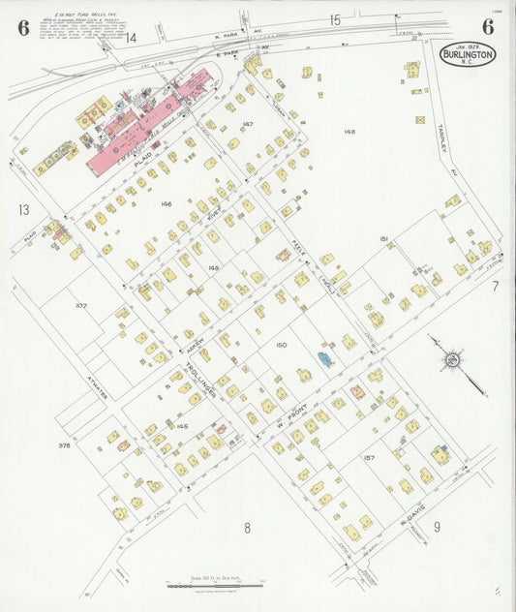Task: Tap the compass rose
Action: pyautogui.click(x=450, y=360)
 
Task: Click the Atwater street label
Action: pyautogui.click(x=94, y=369)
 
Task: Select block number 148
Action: pyautogui.click(x=349, y=131)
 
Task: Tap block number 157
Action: pyautogui.click(x=368, y=456)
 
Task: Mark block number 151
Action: pyautogui.click(x=384, y=238)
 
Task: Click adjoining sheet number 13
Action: pyautogui.click(x=22, y=209)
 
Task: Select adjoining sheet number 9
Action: pyautogui.click(x=437, y=527)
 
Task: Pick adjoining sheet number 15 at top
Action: pyautogui.click(x=335, y=19)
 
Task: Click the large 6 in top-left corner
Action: pyautogui.click(x=22, y=27)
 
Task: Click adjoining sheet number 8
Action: pyautogui.click(x=247, y=528)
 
